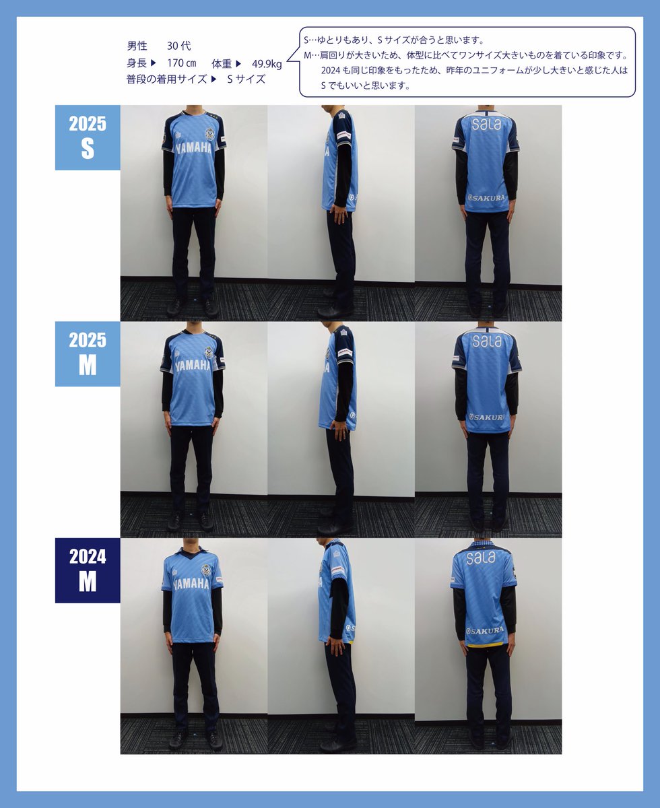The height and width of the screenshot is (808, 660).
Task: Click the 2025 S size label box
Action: click(x=88, y=137)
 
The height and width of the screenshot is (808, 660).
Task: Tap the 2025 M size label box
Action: click(x=88, y=353)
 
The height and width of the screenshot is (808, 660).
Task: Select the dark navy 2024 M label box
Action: click(x=88, y=570)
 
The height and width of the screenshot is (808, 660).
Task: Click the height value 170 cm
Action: click(x=182, y=63)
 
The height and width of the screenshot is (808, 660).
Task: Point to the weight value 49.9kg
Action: click(x=267, y=63)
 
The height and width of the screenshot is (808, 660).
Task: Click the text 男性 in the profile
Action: click(x=137, y=46)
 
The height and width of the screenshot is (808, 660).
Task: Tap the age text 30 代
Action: click(x=178, y=46)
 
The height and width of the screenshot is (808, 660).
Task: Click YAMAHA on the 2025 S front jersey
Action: click(x=193, y=148)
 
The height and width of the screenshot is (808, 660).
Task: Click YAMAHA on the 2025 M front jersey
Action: click(x=193, y=366)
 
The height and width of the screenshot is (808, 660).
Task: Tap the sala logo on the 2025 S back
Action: click(x=486, y=124)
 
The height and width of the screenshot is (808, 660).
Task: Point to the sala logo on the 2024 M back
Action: click(x=481, y=559)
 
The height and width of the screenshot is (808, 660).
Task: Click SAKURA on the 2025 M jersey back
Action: click(x=486, y=417)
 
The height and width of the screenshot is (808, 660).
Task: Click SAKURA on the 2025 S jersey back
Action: click(x=486, y=198)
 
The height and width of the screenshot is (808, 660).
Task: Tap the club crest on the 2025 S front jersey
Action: click(x=209, y=134)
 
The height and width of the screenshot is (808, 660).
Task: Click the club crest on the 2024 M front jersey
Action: click(x=206, y=570)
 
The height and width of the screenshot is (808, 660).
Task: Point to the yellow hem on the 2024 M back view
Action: click(x=484, y=645)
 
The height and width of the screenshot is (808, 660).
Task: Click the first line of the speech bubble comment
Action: click(x=394, y=40)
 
